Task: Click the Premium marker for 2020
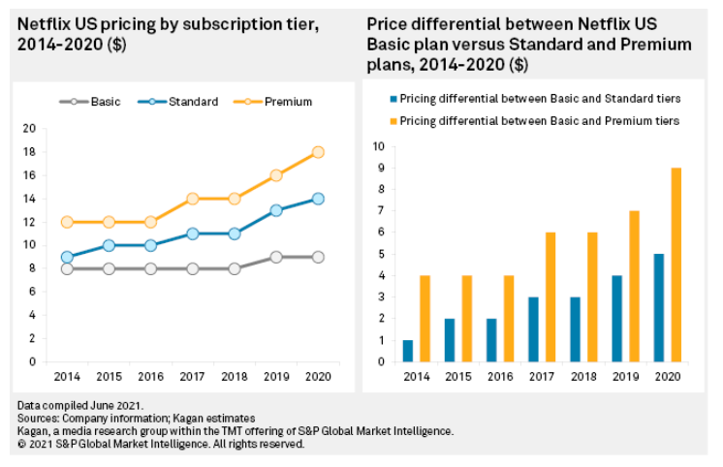click(x=317, y=152)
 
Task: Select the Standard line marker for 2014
click(x=67, y=257)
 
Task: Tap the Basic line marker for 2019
click(x=275, y=257)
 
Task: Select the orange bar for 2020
click(x=676, y=265)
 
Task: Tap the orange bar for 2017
click(x=550, y=297)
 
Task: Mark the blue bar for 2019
click(x=617, y=319)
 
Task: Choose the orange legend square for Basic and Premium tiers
click(x=393, y=121)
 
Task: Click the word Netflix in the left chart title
click(x=44, y=20)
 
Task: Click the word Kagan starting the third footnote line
click(x=33, y=431)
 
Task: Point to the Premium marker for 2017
click(x=192, y=199)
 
